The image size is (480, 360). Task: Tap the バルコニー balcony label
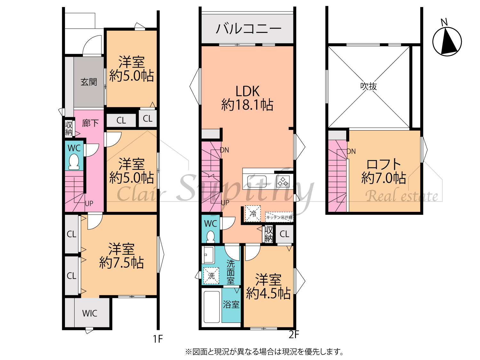(249, 29)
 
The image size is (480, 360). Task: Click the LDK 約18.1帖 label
(247, 98)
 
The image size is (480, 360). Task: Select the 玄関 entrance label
(89, 82)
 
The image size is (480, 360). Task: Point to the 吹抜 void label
(368, 86)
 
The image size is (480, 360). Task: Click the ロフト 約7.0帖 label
(384, 172)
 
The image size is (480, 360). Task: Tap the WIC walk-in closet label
(90, 314)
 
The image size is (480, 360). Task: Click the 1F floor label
(158, 339)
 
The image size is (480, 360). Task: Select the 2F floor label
(294, 334)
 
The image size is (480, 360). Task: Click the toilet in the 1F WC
(74, 162)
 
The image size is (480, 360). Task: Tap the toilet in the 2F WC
(211, 237)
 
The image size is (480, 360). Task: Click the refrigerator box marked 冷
(253, 213)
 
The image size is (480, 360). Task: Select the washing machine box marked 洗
(211, 276)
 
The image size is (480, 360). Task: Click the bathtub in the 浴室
(212, 307)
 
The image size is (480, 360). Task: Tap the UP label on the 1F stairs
(89, 204)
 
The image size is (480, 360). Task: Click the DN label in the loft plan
(351, 151)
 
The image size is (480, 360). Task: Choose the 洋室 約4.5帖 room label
(268, 286)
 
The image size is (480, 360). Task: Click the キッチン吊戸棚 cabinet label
(279, 218)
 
